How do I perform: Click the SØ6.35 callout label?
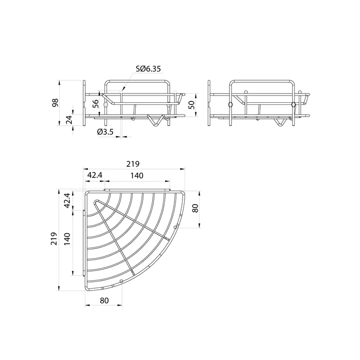point(148,68)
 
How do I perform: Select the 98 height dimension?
point(56,103)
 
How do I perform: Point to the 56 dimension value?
point(96,104)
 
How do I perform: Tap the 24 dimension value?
point(69,120)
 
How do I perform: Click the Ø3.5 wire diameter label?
point(105,132)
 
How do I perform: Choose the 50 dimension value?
point(192,105)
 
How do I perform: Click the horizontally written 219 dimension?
point(133,164)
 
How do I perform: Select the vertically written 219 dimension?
point(54,239)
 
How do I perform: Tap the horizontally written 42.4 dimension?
point(95,175)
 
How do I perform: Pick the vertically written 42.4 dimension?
point(67,201)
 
